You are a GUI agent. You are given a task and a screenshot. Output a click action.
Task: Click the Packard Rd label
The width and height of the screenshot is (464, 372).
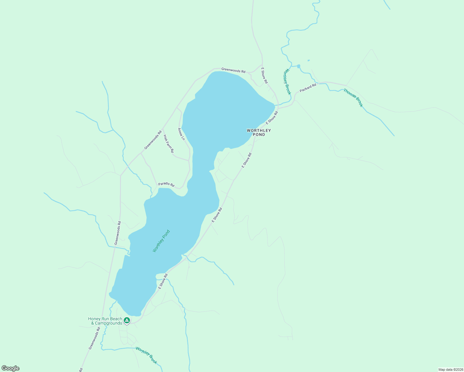point(308,88)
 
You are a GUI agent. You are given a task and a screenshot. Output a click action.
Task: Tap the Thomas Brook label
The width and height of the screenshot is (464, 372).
point(353,98)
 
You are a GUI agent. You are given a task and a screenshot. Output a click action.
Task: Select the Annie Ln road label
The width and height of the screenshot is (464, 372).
point(181,134)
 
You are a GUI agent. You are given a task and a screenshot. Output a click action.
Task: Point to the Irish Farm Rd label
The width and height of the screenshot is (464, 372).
point(168,144)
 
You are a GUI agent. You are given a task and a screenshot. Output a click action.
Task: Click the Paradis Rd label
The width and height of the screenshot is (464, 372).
point(166,184)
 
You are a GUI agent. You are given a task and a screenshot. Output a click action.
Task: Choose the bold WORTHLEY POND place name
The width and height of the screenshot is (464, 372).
point(259,132)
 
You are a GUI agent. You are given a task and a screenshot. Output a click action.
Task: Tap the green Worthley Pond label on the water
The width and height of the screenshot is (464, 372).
point(161,241)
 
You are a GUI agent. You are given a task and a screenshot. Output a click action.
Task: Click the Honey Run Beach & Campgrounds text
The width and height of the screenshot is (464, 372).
point(105,321)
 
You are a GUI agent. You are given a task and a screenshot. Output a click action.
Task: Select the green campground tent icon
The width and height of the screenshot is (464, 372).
point(127,320)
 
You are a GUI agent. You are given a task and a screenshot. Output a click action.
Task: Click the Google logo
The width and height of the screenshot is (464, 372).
point(11,368)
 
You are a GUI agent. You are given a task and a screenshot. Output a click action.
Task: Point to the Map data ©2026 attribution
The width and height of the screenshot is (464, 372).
point(450,370)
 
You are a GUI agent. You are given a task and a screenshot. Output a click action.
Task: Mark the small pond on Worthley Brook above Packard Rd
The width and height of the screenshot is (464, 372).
point(298,66)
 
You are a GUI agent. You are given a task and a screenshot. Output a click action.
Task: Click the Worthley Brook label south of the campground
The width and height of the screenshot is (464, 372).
point(146,355)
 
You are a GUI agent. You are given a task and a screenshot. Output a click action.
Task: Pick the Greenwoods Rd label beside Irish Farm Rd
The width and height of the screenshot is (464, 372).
point(153,139)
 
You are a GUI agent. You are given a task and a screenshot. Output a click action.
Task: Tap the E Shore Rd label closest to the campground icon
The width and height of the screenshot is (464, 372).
point(163,281)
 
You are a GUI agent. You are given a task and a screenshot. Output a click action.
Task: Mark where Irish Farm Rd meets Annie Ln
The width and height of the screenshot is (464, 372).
point(189,160)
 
